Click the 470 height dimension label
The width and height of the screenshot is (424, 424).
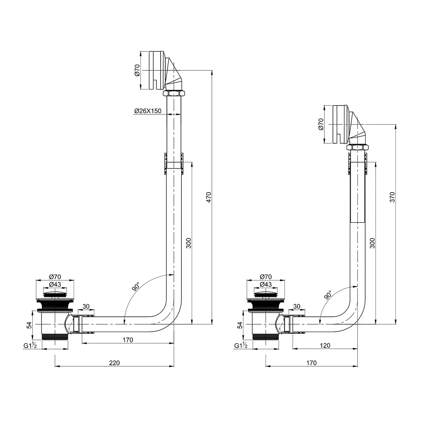[x=209, y=197]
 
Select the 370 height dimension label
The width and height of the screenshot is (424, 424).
[x=393, y=197]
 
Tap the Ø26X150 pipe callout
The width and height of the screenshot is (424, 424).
[x=148, y=111]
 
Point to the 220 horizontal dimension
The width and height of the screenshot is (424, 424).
[x=114, y=363]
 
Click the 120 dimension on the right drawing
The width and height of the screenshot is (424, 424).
[x=325, y=346]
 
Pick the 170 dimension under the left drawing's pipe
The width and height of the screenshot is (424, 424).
[x=128, y=340]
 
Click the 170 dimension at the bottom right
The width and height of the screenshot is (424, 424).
[x=311, y=363]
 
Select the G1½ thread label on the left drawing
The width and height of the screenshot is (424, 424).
[x=30, y=346]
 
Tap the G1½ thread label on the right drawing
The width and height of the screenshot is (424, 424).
[x=241, y=346]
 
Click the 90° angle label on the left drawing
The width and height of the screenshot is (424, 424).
[x=136, y=287]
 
